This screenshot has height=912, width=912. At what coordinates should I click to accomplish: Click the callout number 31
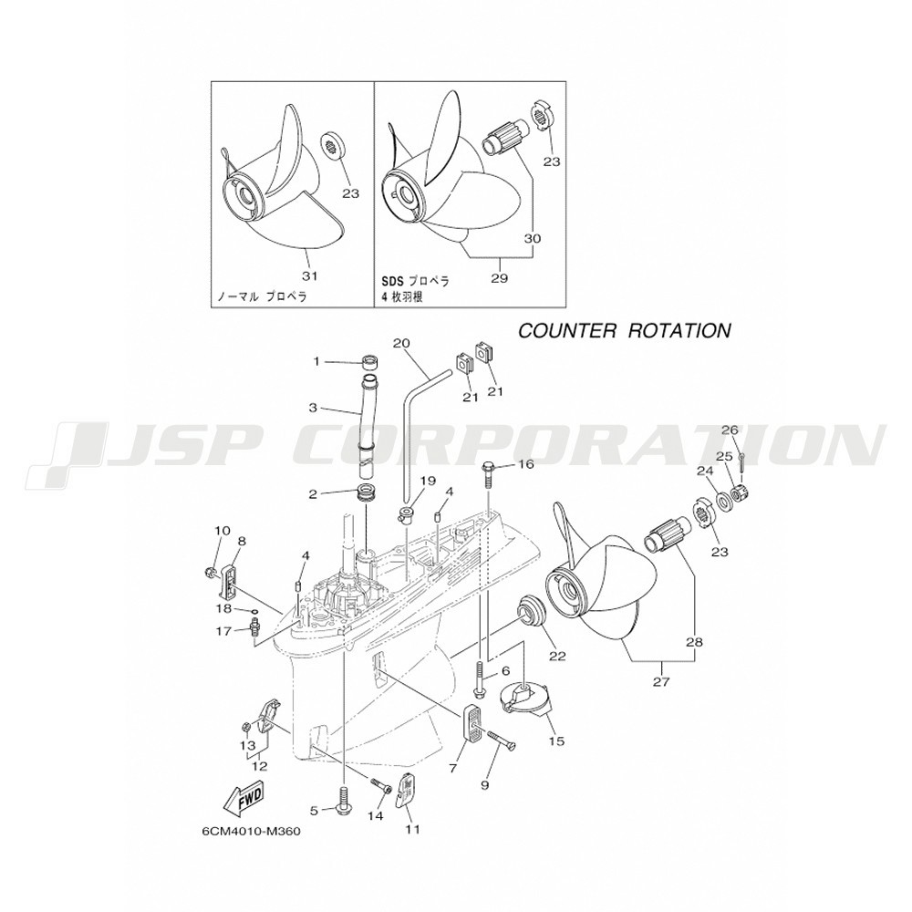311,275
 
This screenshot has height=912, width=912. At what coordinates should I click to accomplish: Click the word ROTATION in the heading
680,330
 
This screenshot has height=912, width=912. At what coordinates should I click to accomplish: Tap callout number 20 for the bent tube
402,344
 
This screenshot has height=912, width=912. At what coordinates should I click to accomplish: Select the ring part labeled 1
370,360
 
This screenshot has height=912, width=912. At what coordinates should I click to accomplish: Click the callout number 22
556,656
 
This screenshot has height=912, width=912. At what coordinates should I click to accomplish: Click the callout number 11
413,829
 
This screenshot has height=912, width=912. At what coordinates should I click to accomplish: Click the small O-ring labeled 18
251,608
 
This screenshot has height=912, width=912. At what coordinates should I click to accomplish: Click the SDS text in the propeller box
392,282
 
